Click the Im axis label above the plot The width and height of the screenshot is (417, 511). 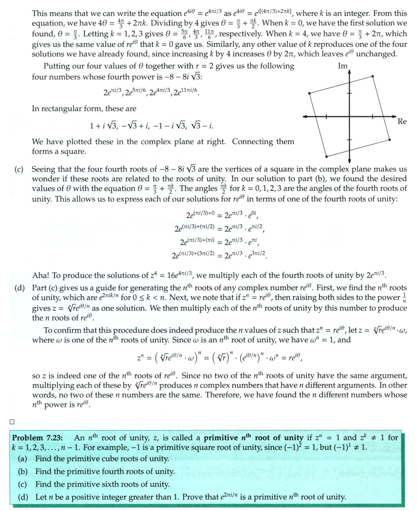coord(342,66)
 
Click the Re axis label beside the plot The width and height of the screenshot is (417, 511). coord(402,122)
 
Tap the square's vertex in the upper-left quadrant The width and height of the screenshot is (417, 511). coord(309,93)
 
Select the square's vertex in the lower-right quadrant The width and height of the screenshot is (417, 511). coord(390,139)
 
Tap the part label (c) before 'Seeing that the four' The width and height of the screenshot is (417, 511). coord(19,169)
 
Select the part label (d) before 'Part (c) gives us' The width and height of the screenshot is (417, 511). coord(19,288)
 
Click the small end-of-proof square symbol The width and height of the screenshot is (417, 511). coord(12,421)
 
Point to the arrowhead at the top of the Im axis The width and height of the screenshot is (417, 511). coord(349,72)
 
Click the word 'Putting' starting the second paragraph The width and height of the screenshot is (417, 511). coord(57,66)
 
